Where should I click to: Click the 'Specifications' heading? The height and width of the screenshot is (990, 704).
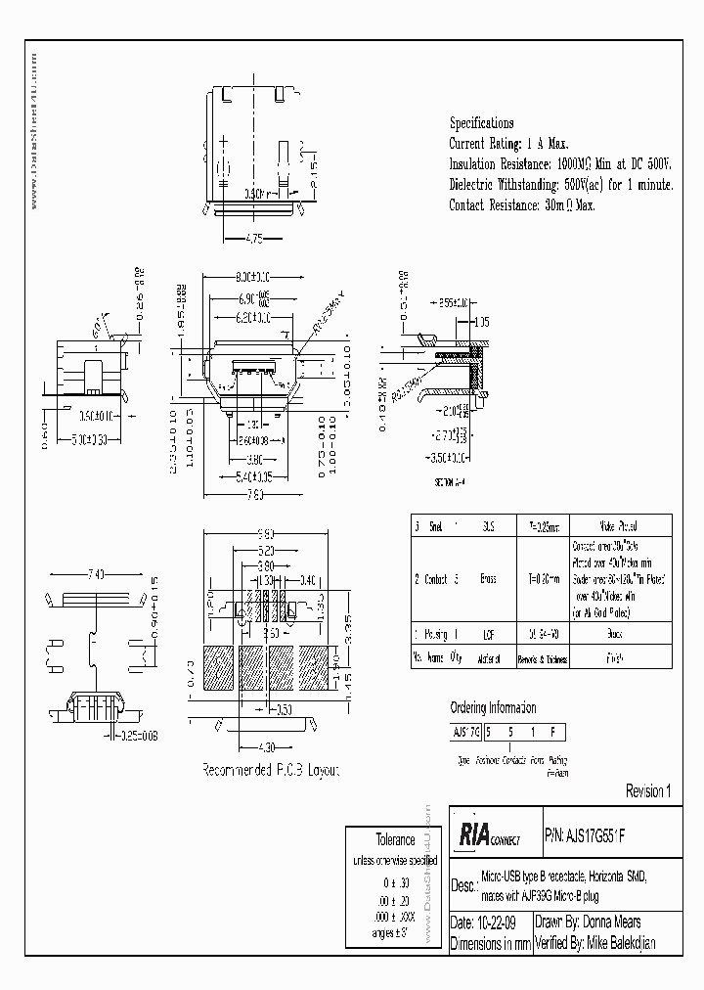pyautogui.click(x=481, y=123)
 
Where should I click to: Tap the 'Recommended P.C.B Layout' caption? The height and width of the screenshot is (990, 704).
pyautogui.click(x=270, y=772)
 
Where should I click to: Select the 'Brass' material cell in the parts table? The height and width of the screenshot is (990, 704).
pyautogui.click(x=487, y=579)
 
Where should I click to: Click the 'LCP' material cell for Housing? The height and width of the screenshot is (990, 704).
pyautogui.click(x=487, y=635)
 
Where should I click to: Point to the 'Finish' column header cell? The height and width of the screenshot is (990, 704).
pyautogui.click(x=606, y=658)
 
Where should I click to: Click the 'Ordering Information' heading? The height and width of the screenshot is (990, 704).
pyautogui.click(x=493, y=708)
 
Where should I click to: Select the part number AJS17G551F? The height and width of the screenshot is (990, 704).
pyautogui.click(x=594, y=837)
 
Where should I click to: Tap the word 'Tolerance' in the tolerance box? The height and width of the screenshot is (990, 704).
pyautogui.click(x=396, y=839)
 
